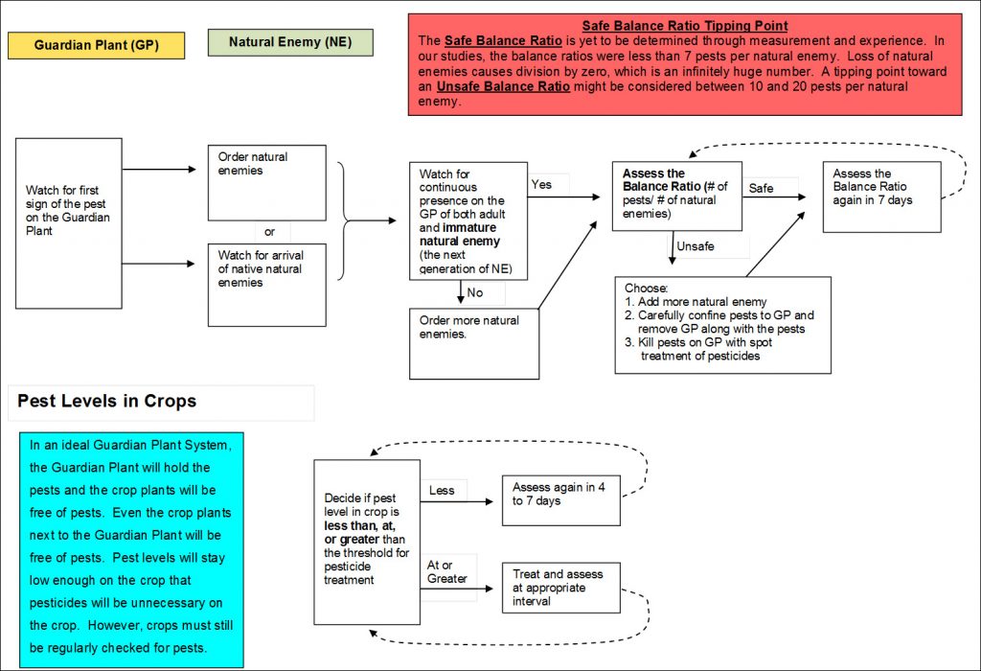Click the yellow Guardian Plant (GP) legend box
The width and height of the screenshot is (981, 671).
click(x=97, y=45)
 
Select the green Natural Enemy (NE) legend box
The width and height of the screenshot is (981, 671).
click(x=290, y=42)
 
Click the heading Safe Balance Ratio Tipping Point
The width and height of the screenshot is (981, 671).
click(x=684, y=26)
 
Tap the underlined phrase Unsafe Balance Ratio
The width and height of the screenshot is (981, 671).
click(x=503, y=86)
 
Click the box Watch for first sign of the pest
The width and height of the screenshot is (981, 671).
click(x=69, y=223)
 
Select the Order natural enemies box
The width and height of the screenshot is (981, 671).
click(x=267, y=183)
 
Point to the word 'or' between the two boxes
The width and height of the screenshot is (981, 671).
click(x=269, y=232)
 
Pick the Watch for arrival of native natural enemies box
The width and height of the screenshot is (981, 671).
click(x=267, y=285)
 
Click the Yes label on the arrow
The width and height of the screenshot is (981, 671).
click(x=541, y=185)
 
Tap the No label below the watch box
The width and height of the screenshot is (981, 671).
click(x=475, y=292)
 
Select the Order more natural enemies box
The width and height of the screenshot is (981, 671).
click(x=474, y=343)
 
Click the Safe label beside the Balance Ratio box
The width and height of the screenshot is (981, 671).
click(x=761, y=189)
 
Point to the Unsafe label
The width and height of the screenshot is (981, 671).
click(x=696, y=246)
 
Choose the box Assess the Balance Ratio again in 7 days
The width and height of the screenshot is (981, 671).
click(x=882, y=197)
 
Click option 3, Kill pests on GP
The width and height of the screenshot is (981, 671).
click(x=698, y=349)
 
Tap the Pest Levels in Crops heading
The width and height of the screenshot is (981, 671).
click(x=107, y=402)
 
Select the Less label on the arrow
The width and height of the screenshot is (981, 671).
click(x=442, y=491)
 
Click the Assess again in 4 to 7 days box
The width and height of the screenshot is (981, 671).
click(x=561, y=500)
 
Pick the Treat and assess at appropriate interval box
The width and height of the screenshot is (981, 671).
click(x=561, y=588)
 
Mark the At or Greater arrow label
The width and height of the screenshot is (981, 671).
click(x=446, y=572)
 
